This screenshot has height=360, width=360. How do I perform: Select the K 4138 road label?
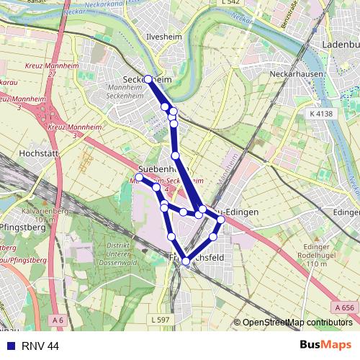(322, 114)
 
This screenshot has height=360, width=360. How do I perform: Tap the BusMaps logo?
(325, 346)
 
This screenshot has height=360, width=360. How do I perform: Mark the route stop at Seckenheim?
(148, 79)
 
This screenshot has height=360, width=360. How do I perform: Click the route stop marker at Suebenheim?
(140, 176)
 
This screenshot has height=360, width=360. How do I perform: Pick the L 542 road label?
(230, 3)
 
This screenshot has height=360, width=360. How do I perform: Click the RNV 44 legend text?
(40, 346)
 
